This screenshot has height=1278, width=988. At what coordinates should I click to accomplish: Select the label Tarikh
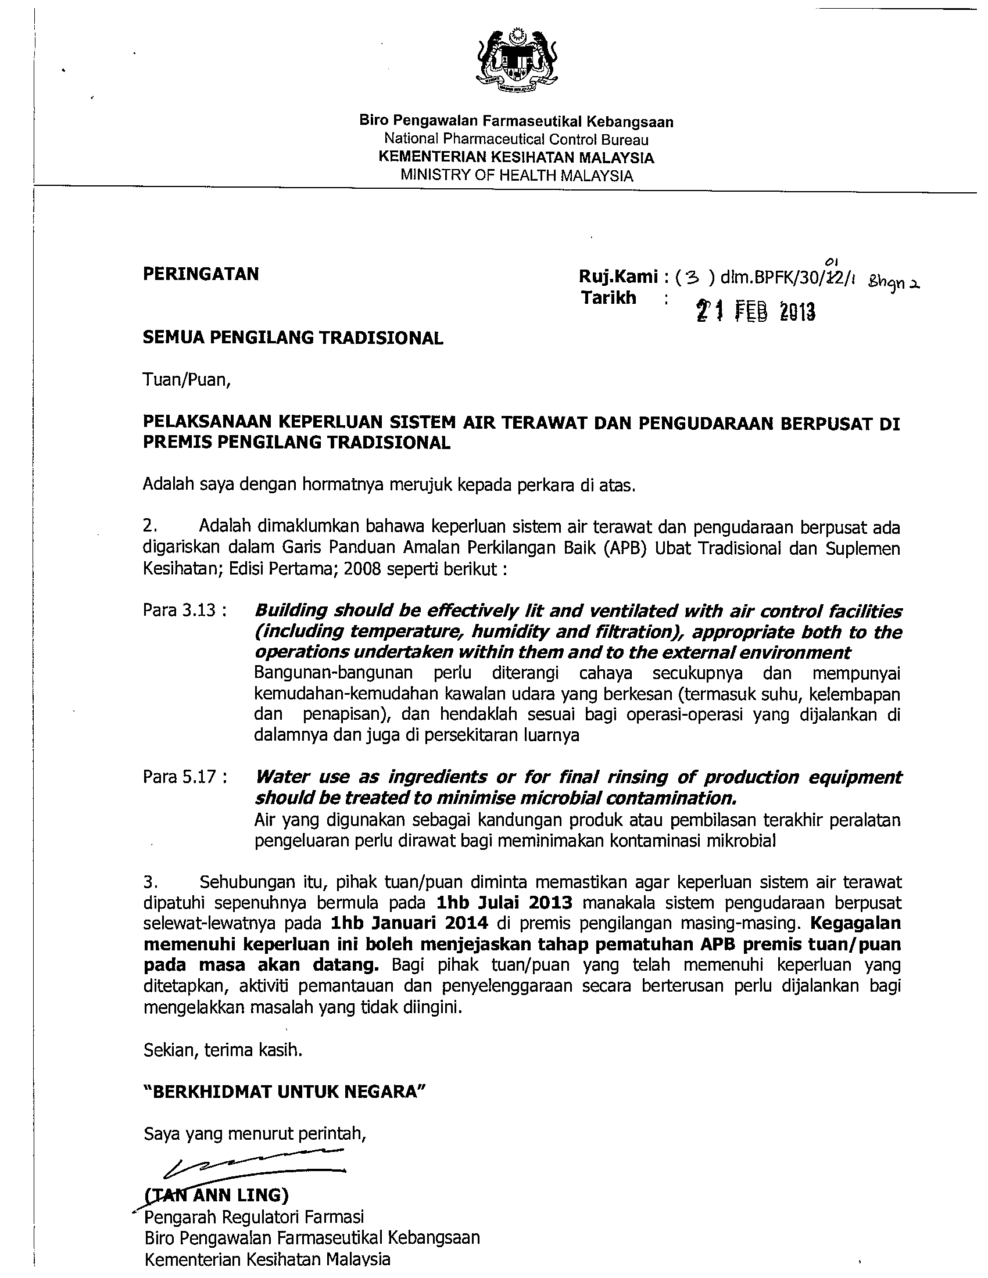coord(608,298)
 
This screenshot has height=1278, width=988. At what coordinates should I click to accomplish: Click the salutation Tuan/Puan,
coord(187,380)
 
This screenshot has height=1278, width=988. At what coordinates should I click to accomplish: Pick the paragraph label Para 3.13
coord(185,611)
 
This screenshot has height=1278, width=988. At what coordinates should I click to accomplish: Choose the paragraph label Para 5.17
coord(185,777)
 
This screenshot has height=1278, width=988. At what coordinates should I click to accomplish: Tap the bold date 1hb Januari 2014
coord(409,924)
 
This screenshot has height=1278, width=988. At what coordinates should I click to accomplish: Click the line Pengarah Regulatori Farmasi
coord(254,1217)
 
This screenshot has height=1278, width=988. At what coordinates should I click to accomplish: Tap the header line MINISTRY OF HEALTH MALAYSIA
coord(516,175)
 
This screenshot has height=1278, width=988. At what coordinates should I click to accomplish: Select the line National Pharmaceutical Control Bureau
coord(516,139)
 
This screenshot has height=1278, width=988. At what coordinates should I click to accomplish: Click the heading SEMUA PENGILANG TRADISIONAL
coord(293,338)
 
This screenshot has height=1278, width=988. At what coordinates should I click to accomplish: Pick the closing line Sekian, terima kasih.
coord(223,1050)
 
